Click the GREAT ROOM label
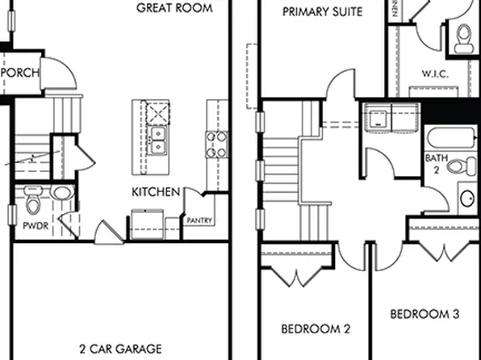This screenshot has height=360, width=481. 174,8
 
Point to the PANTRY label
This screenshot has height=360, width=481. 199,220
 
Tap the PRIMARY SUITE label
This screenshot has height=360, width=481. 322,12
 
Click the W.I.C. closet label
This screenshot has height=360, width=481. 434,74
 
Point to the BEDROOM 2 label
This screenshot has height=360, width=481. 315,329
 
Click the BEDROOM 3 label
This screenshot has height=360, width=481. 425,314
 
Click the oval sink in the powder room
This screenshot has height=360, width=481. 62,193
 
